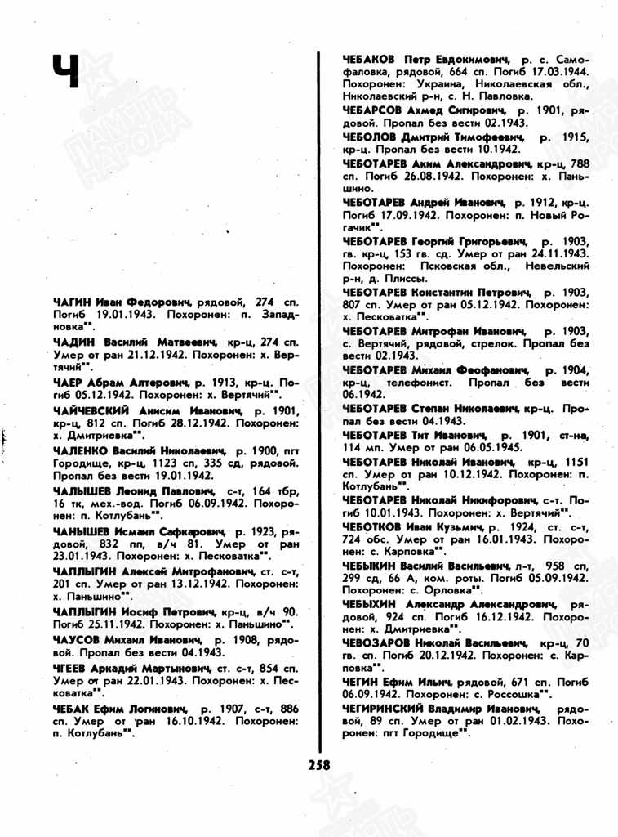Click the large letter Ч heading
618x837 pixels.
pyautogui.click(x=65, y=71)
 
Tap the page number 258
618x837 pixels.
pyautogui.click(x=320, y=765)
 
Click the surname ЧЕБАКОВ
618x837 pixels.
pyautogui.click(x=369, y=60)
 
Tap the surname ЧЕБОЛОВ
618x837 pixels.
pyautogui.click(x=371, y=137)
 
